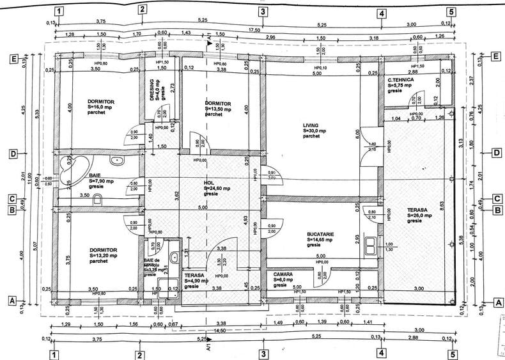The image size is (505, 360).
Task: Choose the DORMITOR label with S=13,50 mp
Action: (x=218, y=103)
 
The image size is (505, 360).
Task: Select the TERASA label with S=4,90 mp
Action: (x=194, y=275)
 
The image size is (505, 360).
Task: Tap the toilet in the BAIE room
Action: (x=97, y=201)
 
